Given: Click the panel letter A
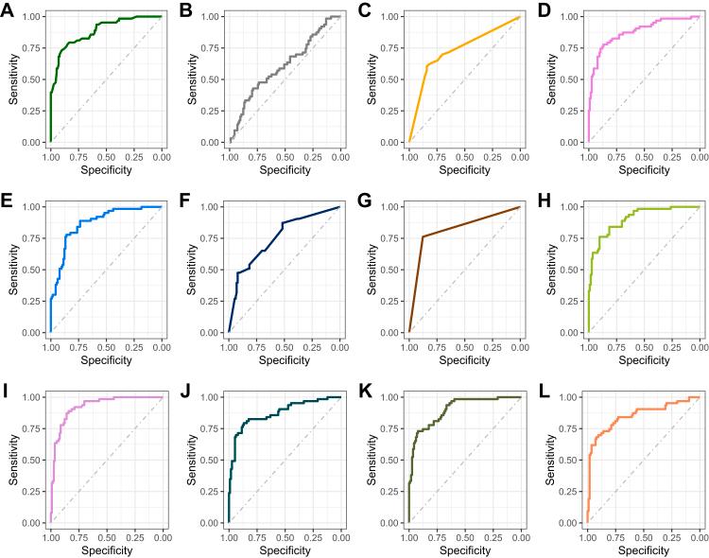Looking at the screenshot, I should pos(8,9).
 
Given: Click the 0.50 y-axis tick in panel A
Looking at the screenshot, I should pos(33,79).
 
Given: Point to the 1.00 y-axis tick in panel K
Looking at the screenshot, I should pos(391,397).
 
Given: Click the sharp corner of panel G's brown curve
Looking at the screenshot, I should pos(423,236).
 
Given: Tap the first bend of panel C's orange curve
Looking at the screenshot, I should pos(427,65).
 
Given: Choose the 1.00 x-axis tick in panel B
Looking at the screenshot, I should pos(229,153).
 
